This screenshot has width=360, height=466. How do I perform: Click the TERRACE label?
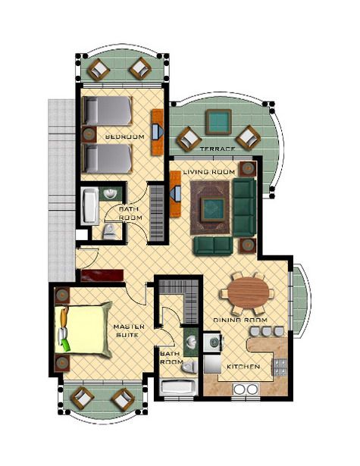[x=218, y=149]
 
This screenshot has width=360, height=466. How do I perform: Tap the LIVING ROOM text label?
[x=208, y=172]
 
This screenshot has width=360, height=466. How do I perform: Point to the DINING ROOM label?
[x=240, y=320]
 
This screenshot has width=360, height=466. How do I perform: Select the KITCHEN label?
[x=243, y=367]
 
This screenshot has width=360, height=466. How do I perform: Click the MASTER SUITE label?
[x=129, y=331]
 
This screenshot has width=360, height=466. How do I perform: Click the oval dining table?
[x=249, y=292]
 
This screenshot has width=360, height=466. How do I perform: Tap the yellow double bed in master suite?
[x=83, y=329]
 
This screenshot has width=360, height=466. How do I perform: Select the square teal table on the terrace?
[x=218, y=122]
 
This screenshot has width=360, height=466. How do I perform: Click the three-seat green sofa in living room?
[x=244, y=207]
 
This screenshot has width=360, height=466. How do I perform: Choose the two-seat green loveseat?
[x=213, y=246]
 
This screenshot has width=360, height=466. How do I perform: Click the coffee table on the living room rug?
[x=212, y=210]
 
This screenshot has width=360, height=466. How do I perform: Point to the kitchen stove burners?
[x=280, y=367]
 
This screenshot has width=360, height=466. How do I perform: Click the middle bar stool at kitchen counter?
[x=267, y=331]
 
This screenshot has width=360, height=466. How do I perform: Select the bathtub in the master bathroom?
[x=178, y=387]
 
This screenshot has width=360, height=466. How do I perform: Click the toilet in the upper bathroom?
[x=109, y=232]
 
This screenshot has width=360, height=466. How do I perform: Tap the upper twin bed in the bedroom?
[x=107, y=111]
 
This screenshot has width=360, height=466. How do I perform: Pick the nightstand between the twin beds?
[x=89, y=134]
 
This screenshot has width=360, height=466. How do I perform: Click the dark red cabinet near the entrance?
[x=102, y=276]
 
